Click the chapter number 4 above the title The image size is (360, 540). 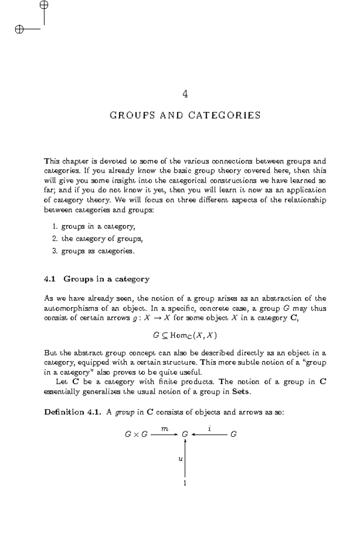[185, 94]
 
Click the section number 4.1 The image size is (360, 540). [50, 279]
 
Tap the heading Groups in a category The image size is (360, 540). [106, 279]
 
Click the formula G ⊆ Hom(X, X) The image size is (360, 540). [185, 335]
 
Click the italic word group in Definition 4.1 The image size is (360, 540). [125, 413]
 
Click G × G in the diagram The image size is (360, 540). [136, 434]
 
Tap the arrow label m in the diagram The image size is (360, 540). [164, 429]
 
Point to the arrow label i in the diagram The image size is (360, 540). [209, 429]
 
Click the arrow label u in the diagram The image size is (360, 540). [180, 459]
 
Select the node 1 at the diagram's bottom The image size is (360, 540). [185, 483]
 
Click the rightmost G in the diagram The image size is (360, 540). [233, 434]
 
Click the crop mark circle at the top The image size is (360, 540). [44, 5]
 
